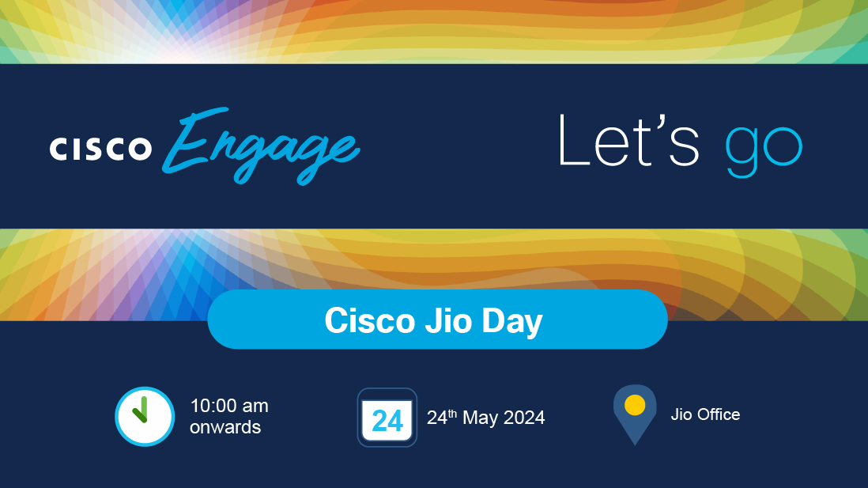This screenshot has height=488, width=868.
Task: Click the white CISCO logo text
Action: tap(100, 149)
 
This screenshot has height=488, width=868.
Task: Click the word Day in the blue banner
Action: tap(512, 322)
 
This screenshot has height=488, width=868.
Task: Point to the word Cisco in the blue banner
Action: tap(370, 320)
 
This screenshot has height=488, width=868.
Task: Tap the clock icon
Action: tap(145, 417)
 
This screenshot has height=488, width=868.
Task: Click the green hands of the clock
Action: tap(141, 410)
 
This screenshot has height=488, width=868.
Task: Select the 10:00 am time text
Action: tap(229, 406)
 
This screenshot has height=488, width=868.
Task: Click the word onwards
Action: tap(225, 427)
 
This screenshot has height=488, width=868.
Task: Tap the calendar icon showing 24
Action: tap(387, 418)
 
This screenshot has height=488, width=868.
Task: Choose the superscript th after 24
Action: tap(452, 413)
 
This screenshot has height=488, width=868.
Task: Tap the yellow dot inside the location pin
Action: tap(635, 405)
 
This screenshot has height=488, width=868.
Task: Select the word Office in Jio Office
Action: tap(719, 414)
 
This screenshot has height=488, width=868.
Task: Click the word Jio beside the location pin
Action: tap(681, 414)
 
